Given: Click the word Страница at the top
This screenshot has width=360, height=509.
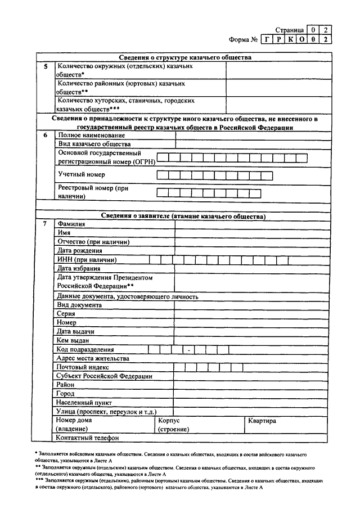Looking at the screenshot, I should pyautogui.click(x=290, y=29).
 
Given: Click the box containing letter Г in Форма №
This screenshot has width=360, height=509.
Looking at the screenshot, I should pyautogui.click(x=268, y=39).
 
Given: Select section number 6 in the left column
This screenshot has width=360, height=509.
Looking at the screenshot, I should pyautogui.click(x=45, y=136).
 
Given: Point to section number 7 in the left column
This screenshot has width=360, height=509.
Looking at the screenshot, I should pyautogui.click(x=45, y=224).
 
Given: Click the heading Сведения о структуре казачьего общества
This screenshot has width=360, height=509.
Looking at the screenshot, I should pyautogui.click(x=185, y=57).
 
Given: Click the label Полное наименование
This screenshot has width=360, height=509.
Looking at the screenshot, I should pyautogui.click(x=91, y=136).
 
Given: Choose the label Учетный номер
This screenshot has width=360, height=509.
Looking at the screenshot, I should pyautogui.click(x=81, y=175).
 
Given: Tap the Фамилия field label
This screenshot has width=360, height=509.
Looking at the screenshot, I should pyautogui.click(x=71, y=224).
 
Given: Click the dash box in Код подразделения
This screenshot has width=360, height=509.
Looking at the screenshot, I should pyautogui.click(x=190, y=350).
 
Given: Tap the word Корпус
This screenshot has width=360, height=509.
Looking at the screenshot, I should pyautogui.click(x=169, y=421).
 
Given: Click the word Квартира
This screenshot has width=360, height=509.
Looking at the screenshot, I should pyautogui.click(x=262, y=421).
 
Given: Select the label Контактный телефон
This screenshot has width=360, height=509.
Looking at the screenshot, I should pyautogui.click(x=87, y=438).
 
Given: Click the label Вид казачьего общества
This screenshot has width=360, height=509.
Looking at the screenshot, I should pyautogui.click(x=94, y=144).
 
